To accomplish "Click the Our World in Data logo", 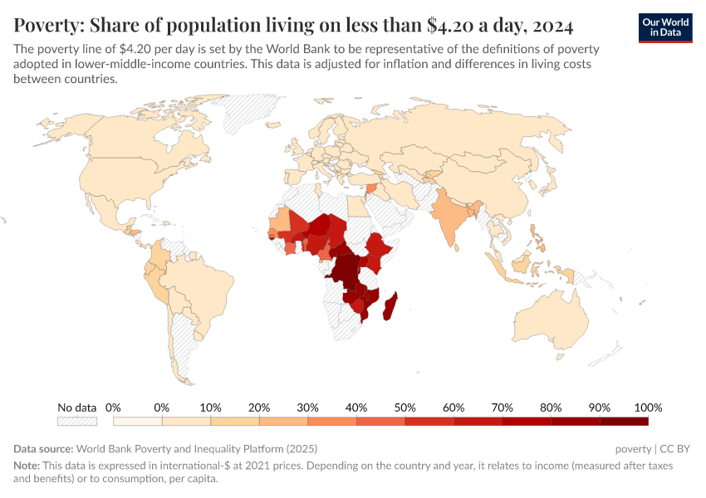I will (x=665, y=27).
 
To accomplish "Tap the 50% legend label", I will (x=404, y=408).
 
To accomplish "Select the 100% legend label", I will (x=647, y=408).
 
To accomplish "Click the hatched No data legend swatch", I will (x=77, y=422).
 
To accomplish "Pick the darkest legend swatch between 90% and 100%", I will (x=624, y=422).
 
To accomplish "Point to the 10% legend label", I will (x=210, y=408).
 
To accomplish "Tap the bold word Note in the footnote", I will (x=27, y=466).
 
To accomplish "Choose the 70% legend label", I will (x=502, y=408).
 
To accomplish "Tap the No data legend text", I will (x=77, y=408).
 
